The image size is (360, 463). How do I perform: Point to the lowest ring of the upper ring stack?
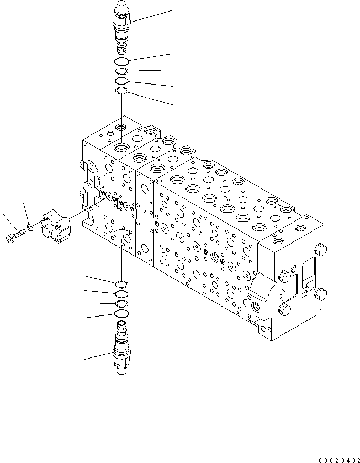coord(121,92)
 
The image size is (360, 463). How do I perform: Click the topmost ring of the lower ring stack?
coord(121,285)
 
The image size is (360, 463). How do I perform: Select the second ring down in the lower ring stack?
coord(121,294)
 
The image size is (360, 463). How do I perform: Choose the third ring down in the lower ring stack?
coord(121,304)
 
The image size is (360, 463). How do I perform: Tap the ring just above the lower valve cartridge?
coord(121,314)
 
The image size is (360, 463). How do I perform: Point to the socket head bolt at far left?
coord(14,237)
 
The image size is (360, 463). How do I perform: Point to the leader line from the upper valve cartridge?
coord(152,15)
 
